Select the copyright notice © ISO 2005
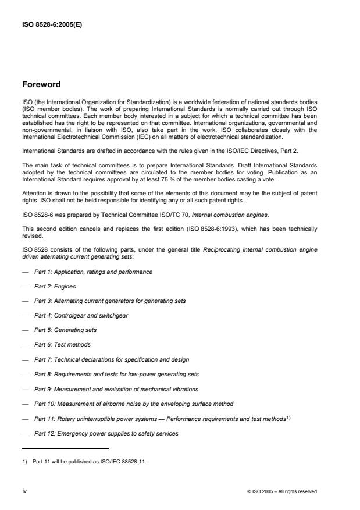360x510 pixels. tap(282, 491)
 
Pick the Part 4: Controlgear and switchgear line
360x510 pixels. tap(81, 315)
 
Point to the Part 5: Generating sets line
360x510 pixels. tap(65, 330)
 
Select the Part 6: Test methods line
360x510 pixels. tap(62, 344)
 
